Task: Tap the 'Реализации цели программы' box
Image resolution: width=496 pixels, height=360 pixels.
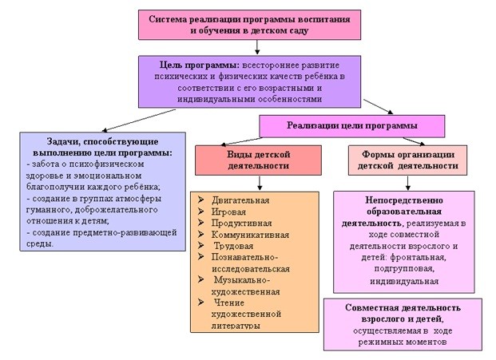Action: (x=351, y=125)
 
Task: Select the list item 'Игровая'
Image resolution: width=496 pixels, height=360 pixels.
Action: (x=231, y=212)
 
